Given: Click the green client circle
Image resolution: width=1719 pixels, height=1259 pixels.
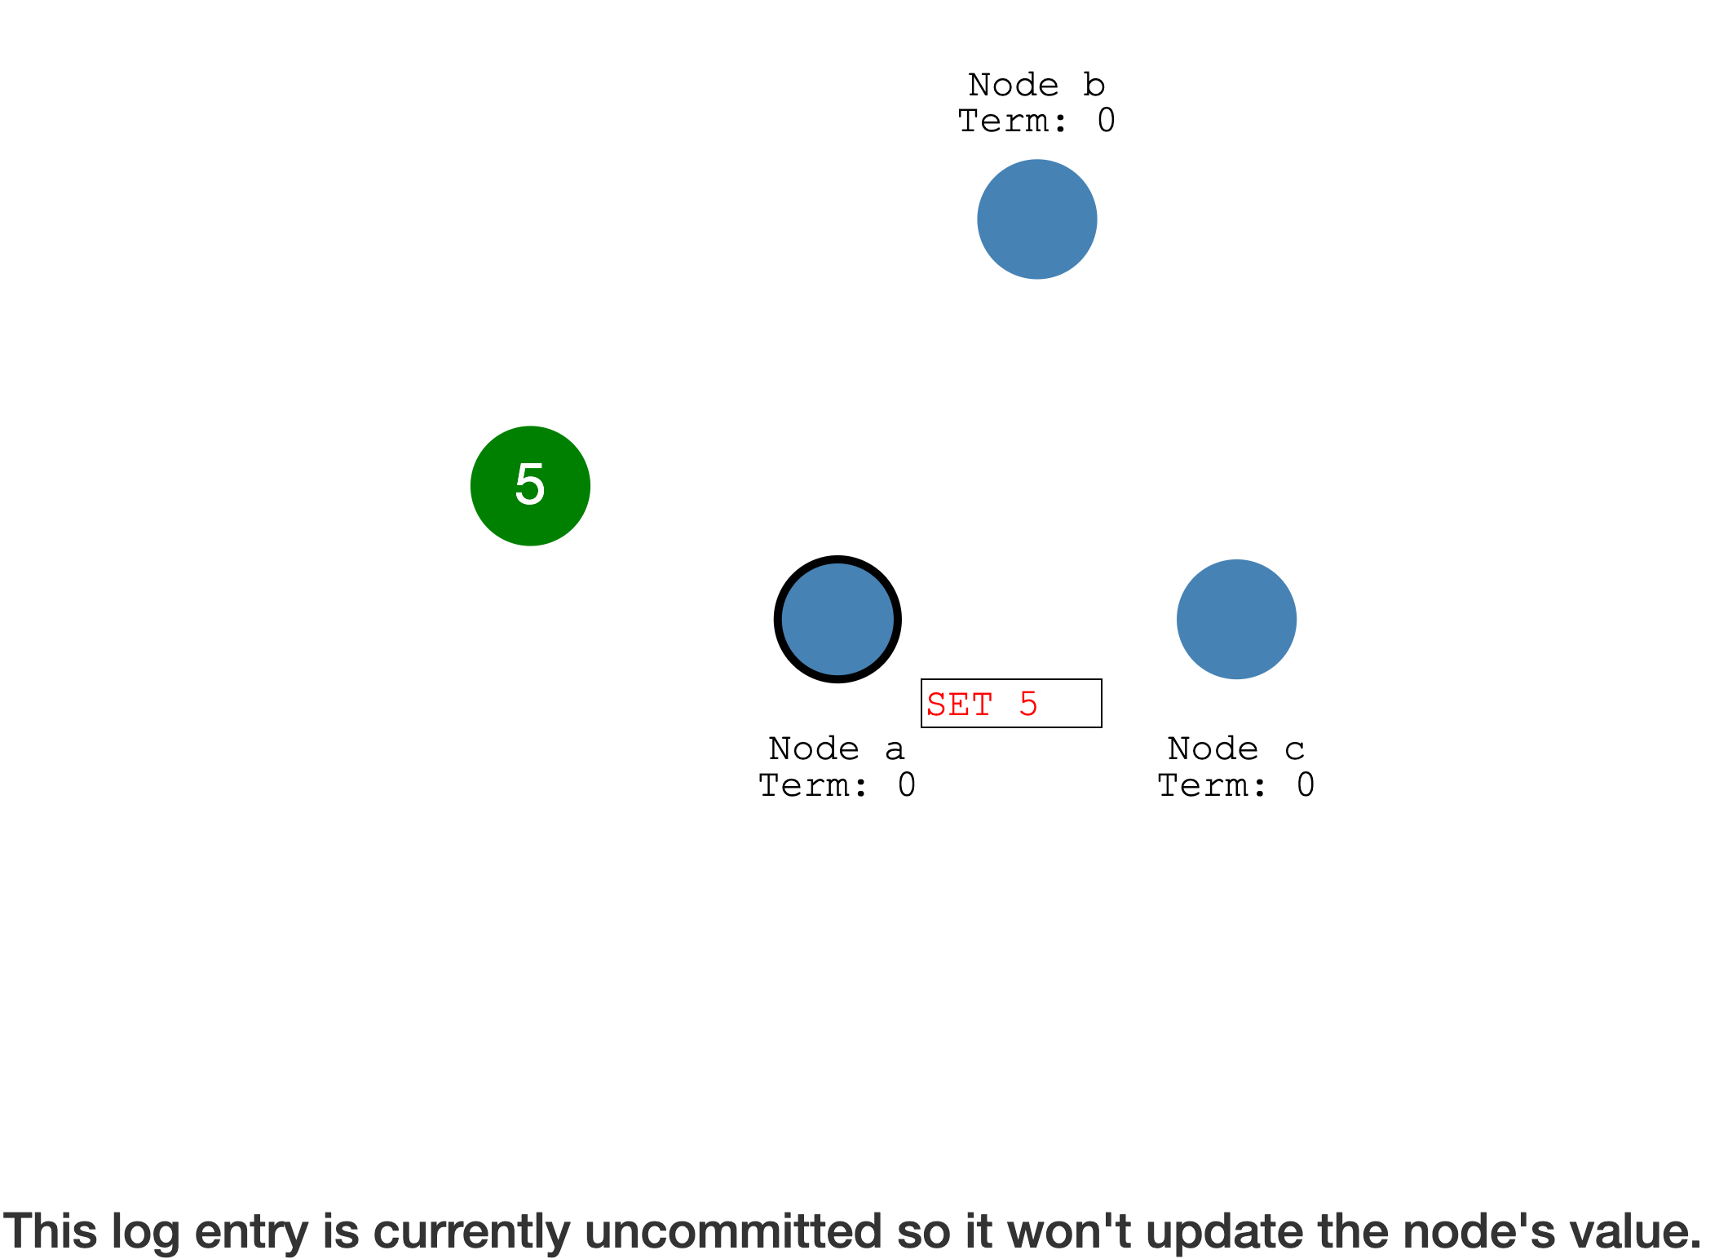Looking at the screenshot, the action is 530,486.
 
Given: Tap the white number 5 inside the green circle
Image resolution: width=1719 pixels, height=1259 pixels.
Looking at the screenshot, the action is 530,484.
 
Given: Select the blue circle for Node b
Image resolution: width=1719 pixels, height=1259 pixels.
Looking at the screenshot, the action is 1036,219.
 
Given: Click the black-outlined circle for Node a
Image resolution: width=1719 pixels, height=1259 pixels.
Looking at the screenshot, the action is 837,620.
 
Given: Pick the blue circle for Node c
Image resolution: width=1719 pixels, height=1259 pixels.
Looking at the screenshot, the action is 1236,620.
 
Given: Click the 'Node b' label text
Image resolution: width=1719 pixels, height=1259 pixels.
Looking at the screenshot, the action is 1036,85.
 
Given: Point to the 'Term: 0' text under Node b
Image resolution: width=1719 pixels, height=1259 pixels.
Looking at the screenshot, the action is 1036,121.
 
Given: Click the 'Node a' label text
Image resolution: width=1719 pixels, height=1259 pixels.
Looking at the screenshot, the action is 837,749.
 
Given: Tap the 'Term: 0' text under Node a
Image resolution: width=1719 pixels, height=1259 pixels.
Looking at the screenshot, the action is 837,785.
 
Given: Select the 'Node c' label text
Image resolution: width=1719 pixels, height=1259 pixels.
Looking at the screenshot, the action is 1236,749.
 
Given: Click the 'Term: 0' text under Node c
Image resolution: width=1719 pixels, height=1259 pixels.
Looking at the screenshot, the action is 1236,785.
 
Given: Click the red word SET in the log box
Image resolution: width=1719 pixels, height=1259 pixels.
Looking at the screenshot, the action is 960,705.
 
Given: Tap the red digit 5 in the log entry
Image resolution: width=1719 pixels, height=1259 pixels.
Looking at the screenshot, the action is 1028,705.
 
